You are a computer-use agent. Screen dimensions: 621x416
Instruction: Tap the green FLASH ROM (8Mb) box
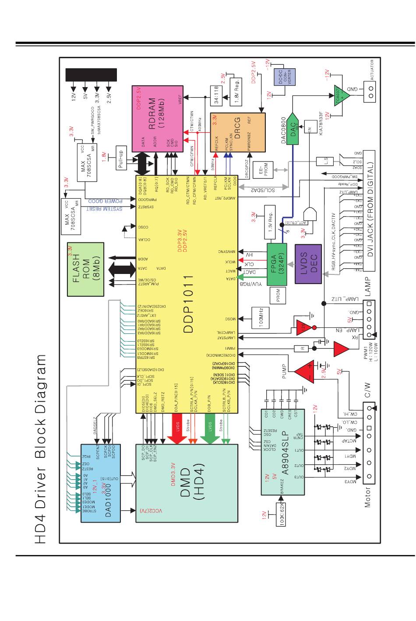pyautogui.click(x=86, y=269)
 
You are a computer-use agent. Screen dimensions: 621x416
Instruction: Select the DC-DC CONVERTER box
pyautogui.click(x=282, y=77)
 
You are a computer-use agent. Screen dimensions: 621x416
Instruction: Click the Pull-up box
pyautogui.click(x=121, y=158)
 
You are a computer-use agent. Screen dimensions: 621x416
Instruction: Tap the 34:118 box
pyautogui.click(x=216, y=94)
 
